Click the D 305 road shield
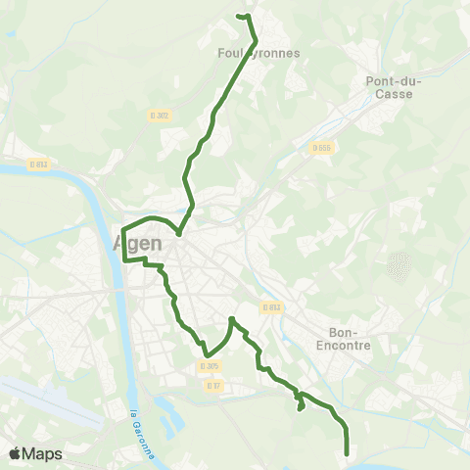point(209,366)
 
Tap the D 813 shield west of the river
point(38,164)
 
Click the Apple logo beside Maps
point(16,453)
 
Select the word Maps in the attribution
point(44,453)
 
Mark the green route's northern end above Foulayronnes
point(240,15)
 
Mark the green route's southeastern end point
point(349,452)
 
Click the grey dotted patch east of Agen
point(398,263)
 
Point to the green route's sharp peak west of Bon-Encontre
point(231,318)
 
